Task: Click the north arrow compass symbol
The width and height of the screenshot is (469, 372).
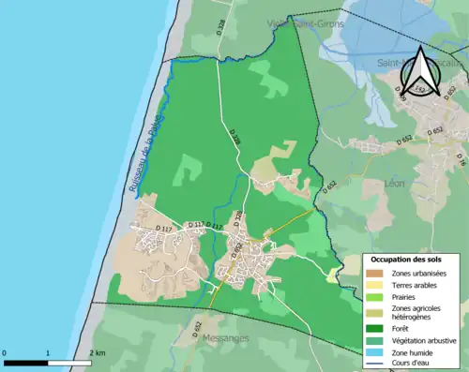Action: click(420, 70)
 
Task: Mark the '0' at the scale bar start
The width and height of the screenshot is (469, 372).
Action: click(6, 352)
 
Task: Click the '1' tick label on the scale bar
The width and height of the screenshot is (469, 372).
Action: click(49, 352)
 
